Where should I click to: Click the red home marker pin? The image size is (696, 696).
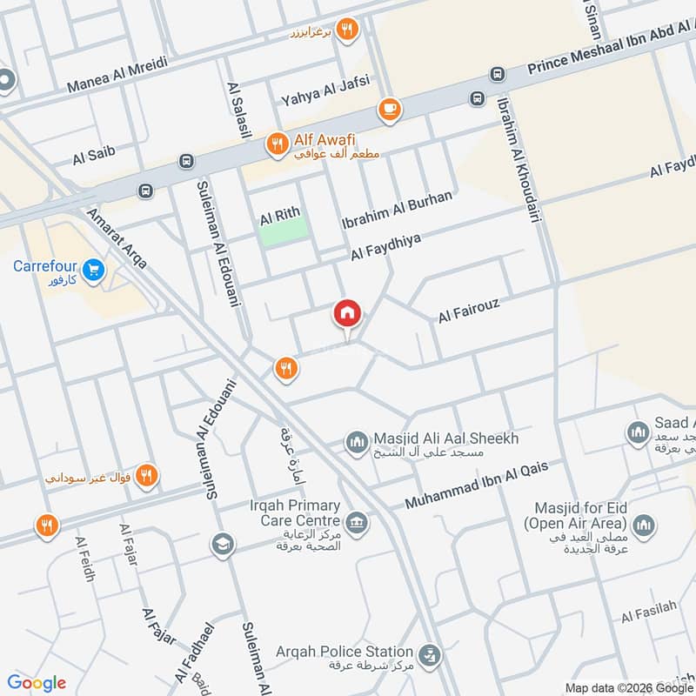pyautogui.click(x=347, y=313)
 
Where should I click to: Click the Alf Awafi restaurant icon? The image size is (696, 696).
pyautogui.click(x=277, y=144)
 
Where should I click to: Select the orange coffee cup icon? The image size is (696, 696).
pyautogui.click(x=389, y=110)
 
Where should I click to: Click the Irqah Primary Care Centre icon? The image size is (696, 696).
pyautogui.click(x=356, y=523)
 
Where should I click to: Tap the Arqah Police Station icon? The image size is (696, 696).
pyautogui.click(x=427, y=653)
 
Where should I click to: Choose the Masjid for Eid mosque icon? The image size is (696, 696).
pyautogui.click(x=643, y=525)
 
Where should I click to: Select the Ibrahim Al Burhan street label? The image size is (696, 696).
pyautogui.click(x=397, y=211)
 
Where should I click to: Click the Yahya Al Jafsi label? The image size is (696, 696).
pyautogui.click(x=325, y=90)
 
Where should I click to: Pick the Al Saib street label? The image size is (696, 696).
pyautogui.click(x=94, y=156)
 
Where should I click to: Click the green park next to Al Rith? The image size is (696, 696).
pyautogui.click(x=284, y=230)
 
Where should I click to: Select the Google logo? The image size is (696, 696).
pyautogui.click(x=37, y=683)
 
